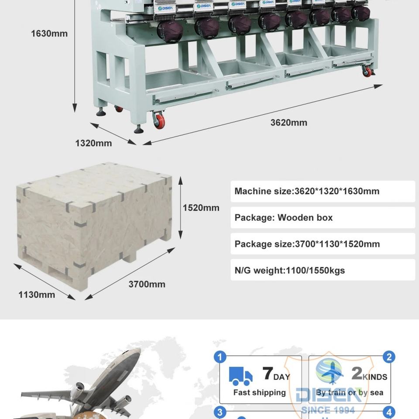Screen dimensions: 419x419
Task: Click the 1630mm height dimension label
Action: click(x=49, y=34)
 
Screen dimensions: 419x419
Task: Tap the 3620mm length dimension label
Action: click(x=288, y=123)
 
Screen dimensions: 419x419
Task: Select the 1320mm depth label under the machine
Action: click(x=93, y=143)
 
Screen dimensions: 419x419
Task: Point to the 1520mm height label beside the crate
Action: click(x=201, y=208)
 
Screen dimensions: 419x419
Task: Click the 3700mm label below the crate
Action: click(x=147, y=285)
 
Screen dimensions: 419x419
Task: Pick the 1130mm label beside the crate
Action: click(x=37, y=295)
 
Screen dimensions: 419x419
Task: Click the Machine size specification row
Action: click(x=323, y=191)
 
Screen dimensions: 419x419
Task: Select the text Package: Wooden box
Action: click(x=284, y=217)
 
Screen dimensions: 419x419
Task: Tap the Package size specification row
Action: click(x=323, y=244)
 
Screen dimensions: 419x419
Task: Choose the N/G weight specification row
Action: click(x=323, y=271)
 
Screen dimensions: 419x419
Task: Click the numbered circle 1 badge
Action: click(x=220, y=357)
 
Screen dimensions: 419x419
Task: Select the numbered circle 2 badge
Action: click(x=389, y=357)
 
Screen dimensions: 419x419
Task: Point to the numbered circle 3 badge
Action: click(x=220, y=412)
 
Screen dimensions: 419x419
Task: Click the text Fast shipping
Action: click(x=259, y=392)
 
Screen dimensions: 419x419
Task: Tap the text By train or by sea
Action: click(x=350, y=392)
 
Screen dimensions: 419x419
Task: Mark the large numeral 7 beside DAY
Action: click(x=268, y=374)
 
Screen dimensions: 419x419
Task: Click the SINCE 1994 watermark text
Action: click(x=328, y=410)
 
